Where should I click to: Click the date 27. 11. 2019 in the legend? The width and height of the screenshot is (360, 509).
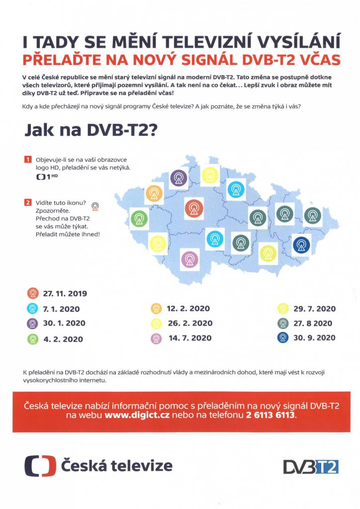click(65, 294)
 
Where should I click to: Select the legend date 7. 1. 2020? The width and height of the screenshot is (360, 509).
click(61, 309)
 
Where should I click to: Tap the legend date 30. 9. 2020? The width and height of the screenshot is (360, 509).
click(314, 338)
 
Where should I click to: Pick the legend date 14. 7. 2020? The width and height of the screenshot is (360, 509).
click(190, 338)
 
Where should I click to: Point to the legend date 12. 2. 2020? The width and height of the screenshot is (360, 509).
click(188, 309)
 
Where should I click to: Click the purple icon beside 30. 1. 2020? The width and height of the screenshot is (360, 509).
click(32, 323)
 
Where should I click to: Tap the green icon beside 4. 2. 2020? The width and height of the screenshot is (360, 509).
click(32, 339)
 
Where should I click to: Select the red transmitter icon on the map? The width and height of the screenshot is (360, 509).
click(193, 208)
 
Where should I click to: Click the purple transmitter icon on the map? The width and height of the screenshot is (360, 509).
click(179, 178)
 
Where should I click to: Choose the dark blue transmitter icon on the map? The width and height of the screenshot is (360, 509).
click(302, 244)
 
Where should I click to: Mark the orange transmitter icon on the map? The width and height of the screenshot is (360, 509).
click(154, 192)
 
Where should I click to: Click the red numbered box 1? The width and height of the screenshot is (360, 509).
click(27, 160)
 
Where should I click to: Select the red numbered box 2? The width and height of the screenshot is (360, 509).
click(27, 202)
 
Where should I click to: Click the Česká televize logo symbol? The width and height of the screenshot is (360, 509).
click(40, 466)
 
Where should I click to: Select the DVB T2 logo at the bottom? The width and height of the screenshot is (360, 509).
click(311, 466)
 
